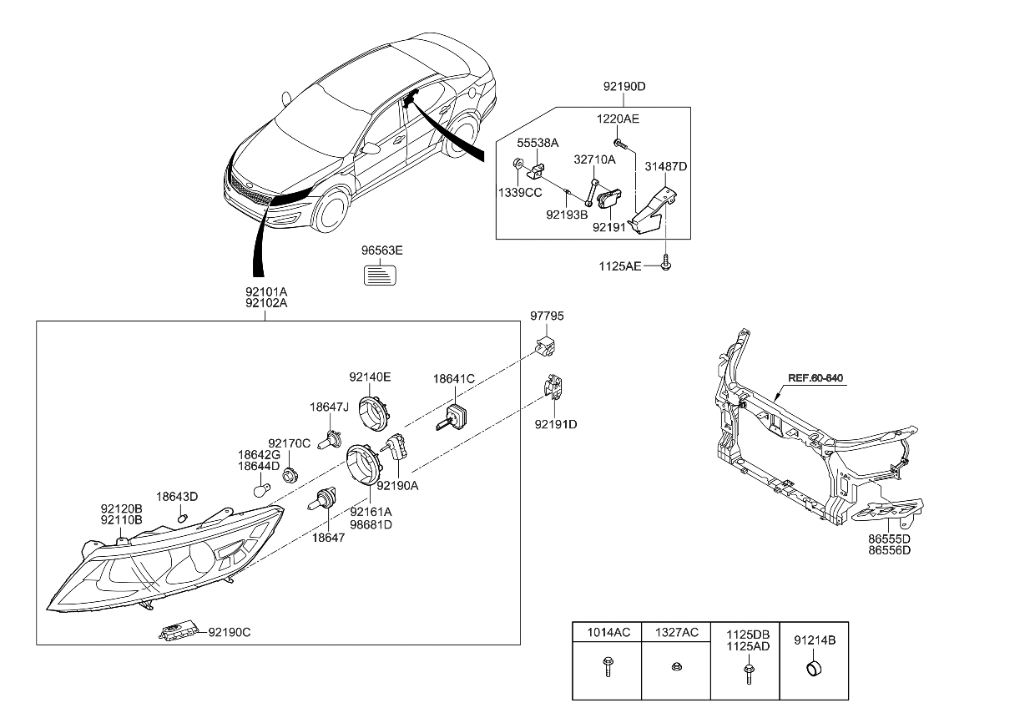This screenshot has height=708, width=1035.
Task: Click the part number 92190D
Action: click(624, 86)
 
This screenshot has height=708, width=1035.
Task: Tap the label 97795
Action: click(547, 316)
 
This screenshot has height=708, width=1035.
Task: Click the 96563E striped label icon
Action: click(382, 274)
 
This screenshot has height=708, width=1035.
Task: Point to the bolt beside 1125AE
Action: click(667, 266)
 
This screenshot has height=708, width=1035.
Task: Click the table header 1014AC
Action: click(606, 631)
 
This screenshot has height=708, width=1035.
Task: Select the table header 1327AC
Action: click(675, 631)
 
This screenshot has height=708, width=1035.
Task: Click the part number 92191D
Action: click(556, 424)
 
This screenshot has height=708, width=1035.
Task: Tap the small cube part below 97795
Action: click(547, 343)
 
